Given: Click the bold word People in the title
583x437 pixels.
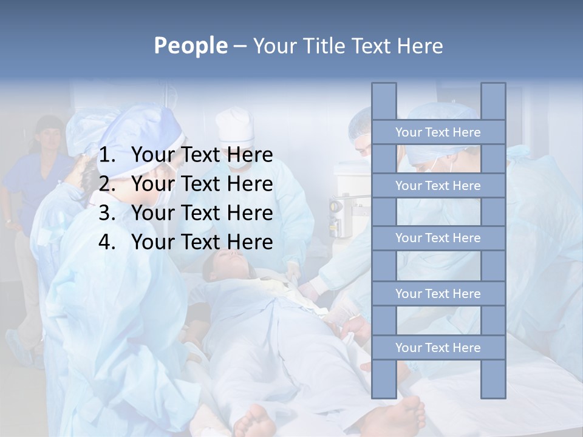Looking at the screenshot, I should coord(190,46).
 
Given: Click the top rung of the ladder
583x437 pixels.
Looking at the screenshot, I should coord(438,132).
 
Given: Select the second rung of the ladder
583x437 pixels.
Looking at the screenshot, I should coord(438,186).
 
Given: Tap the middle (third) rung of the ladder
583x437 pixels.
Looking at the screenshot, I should coord(438,238).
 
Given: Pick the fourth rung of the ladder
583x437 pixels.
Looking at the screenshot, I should coord(438,294).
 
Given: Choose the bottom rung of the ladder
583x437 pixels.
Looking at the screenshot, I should coord(438,348).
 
